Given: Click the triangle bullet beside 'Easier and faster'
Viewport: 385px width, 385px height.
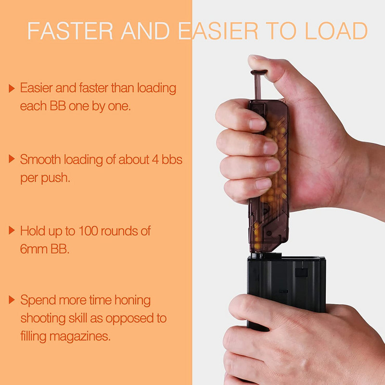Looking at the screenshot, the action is (x=12, y=88).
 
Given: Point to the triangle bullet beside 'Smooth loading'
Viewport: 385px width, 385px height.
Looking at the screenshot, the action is (x=12, y=159).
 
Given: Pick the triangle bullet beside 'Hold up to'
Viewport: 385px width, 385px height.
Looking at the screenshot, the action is (x=12, y=231).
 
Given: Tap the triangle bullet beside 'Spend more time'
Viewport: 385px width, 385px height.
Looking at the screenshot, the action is (x=12, y=299).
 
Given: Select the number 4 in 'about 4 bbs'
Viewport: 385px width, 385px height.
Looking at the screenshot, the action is (x=155, y=160).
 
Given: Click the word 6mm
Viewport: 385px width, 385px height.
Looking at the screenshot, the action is (x=34, y=249).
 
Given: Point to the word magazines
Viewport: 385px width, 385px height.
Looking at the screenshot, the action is (x=80, y=336).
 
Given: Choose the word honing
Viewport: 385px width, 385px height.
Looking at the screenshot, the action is (x=133, y=300).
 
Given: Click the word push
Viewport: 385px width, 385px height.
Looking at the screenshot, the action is (x=55, y=178).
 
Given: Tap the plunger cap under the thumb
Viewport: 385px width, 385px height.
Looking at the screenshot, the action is (x=259, y=72).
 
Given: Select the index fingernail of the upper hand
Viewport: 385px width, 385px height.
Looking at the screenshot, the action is (x=257, y=124).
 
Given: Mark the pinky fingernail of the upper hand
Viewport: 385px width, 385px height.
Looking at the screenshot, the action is (x=263, y=184).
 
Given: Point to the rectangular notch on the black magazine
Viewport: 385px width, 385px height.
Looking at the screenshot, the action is (x=301, y=272).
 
